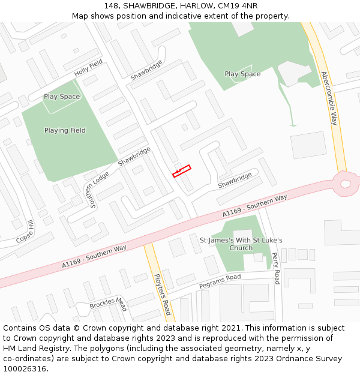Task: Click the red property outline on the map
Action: click(x=182, y=171)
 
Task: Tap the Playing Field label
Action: click(x=65, y=130)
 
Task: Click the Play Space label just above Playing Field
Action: click(x=62, y=97)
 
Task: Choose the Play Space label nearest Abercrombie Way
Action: click(x=242, y=74)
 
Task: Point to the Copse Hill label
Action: click(x=25, y=232)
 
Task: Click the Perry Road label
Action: click(x=276, y=268)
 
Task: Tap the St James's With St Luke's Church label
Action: click(x=241, y=244)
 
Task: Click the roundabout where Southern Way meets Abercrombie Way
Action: click(x=345, y=184)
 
